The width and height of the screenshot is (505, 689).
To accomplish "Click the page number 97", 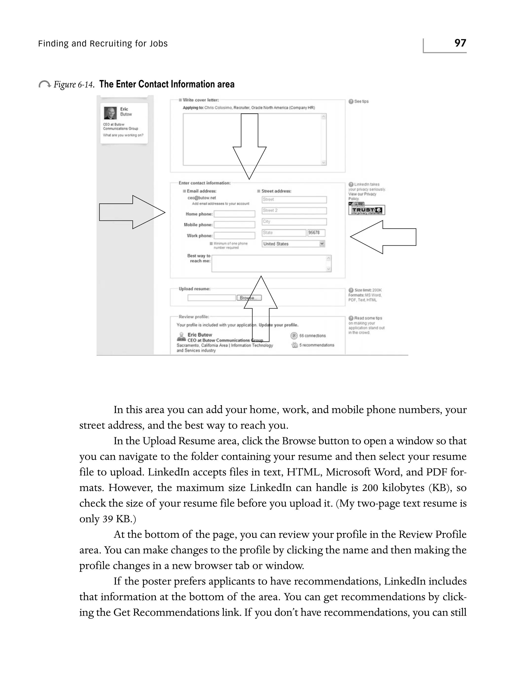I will (460, 43).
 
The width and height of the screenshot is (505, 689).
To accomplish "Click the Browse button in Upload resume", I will (249, 298).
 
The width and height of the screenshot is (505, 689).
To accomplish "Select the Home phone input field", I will (234, 214).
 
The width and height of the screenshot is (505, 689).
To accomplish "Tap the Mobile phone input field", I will (234, 225).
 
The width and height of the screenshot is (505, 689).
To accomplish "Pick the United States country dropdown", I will (293, 244).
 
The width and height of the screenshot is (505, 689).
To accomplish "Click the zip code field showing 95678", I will (316, 233).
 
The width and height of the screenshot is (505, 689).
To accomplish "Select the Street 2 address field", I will (294, 211).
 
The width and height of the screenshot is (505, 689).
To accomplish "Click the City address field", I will (294, 222).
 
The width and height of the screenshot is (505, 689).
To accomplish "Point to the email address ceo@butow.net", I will (202, 198).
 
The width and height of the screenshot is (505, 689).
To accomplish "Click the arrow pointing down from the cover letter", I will (250, 147).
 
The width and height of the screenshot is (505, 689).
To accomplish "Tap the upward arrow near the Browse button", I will (261, 309).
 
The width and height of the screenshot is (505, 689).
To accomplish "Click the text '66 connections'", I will (312, 336).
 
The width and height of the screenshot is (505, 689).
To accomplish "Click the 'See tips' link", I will (361, 101).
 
